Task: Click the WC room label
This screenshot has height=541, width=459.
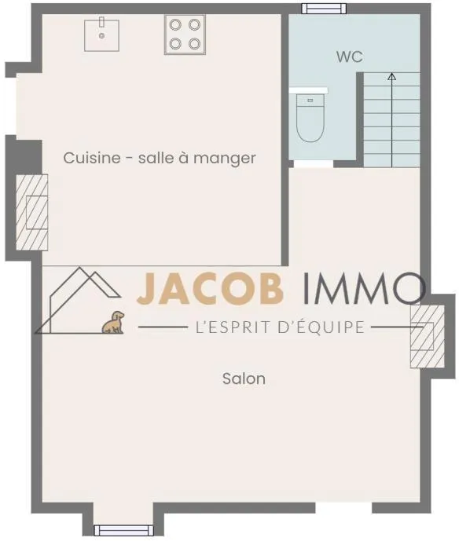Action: (x=350, y=57)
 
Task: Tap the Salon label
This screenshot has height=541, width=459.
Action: (x=244, y=378)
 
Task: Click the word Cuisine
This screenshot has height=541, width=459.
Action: (x=92, y=158)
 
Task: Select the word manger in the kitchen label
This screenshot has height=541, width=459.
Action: (x=225, y=159)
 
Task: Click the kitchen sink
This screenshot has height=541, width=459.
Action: (x=101, y=35)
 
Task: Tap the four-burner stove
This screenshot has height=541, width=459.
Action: (x=185, y=35)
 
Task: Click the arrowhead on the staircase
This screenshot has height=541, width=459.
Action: (x=391, y=76)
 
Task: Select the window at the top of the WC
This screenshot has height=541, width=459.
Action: (x=324, y=9)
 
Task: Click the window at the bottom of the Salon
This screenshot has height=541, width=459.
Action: (x=123, y=530)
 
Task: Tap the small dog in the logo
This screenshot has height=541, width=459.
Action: (x=113, y=322)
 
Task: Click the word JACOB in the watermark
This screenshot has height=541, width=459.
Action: (x=210, y=289)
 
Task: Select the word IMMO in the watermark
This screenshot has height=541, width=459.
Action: (x=365, y=288)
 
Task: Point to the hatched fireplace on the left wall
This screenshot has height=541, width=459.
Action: (x=31, y=213)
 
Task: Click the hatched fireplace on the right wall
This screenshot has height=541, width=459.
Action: (x=428, y=336)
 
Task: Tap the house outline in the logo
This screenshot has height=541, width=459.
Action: (x=78, y=300)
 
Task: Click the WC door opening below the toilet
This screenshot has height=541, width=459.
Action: (x=314, y=164)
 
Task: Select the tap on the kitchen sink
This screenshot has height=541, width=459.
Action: (x=101, y=22)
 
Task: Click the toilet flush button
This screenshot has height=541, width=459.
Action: (x=310, y=101)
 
